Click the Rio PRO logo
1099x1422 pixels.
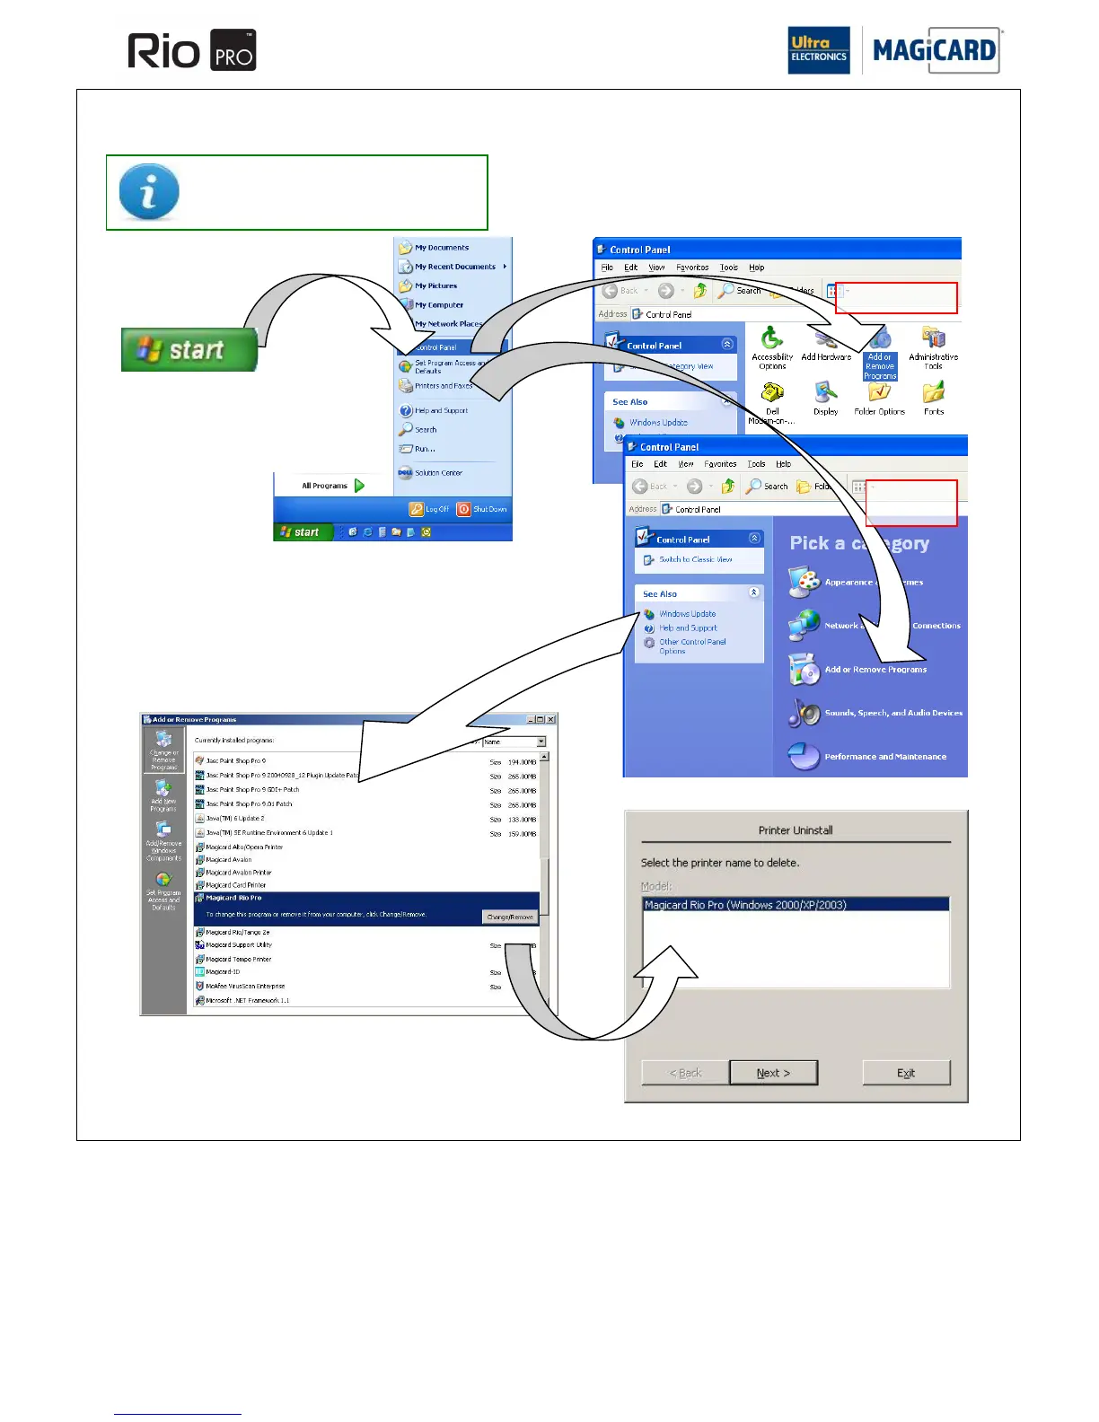point(191,50)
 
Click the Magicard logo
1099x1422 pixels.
point(934,50)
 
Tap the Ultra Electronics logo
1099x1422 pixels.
point(818,50)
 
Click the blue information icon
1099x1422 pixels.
point(149,191)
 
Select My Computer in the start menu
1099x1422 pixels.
point(438,305)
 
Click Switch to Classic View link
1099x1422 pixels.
point(695,559)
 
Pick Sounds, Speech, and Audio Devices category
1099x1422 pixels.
point(892,713)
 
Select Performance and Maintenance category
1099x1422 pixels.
point(884,757)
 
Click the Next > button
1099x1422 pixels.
point(773,1073)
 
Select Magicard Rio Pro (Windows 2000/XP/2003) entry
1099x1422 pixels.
point(745,905)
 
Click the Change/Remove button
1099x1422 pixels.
point(510,917)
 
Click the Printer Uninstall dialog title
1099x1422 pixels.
point(796,830)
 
